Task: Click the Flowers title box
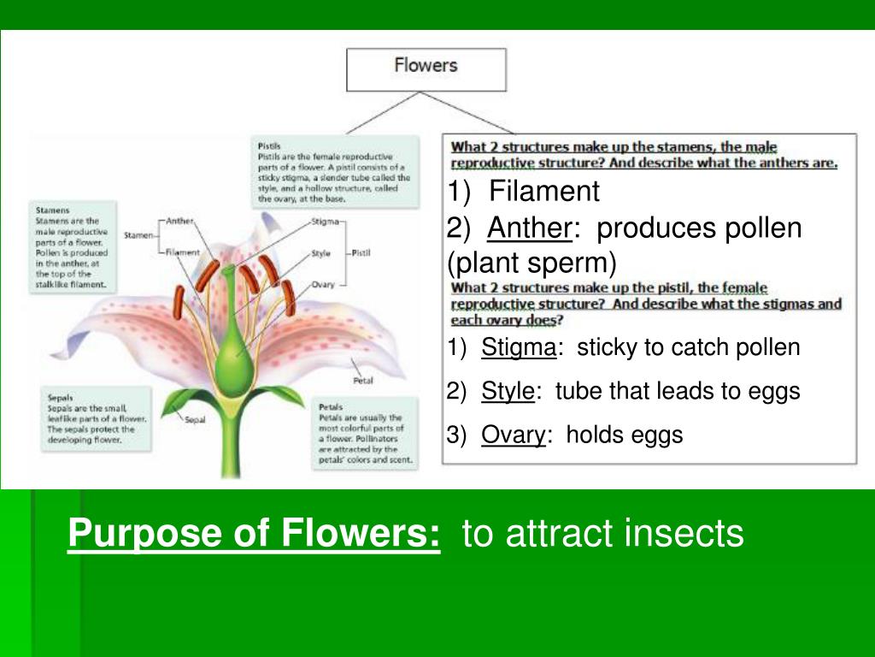point(426,68)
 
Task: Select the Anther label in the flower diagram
point(180,221)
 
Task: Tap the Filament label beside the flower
point(182,252)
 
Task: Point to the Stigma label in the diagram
point(325,221)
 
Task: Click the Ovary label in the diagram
point(323,284)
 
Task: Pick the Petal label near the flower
point(362,381)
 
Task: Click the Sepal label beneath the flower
point(195,419)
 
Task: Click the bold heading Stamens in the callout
point(53,210)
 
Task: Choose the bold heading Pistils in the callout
point(269,146)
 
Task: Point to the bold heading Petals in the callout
point(331,406)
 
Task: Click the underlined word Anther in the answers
point(529,228)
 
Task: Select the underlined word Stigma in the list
point(519,347)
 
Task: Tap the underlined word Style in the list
point(508,392)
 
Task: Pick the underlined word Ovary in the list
point(514,435)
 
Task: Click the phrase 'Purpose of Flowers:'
point(255,535)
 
